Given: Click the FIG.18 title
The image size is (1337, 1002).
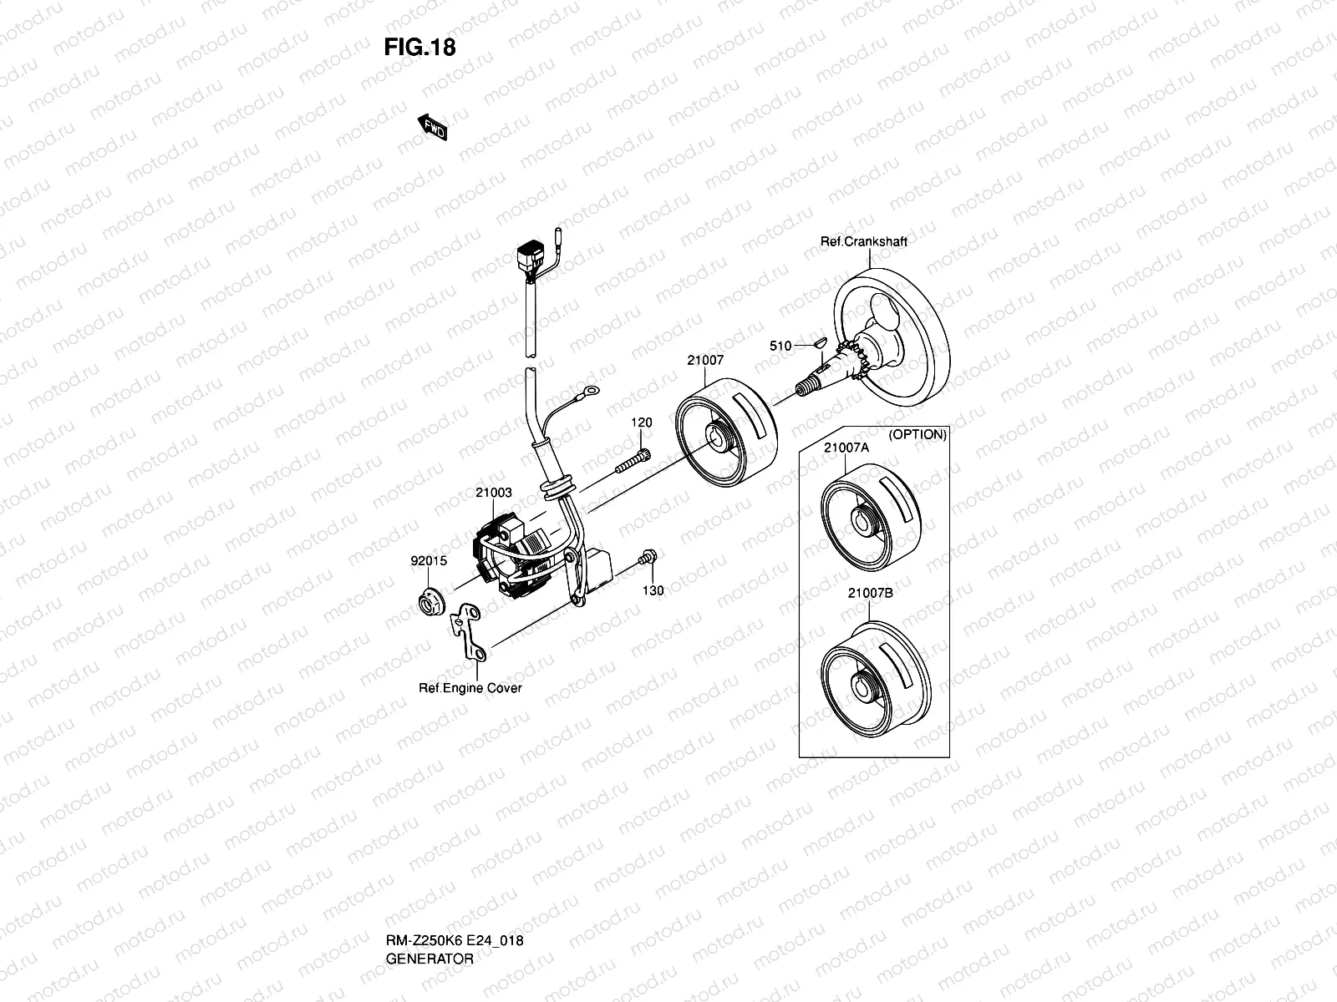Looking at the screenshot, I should pyautogui.click(x=419, y=48).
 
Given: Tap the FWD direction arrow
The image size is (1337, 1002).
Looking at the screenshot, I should pyautogui.click(x=433, y=128).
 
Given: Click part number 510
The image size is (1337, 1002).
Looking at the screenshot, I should pyautogui.click(x=780, y=346).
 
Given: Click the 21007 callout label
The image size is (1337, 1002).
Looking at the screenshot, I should pyautogui.click(x=705, y=361).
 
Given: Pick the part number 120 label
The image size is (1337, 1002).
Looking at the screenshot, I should pyautogui.click(x=641, y=423).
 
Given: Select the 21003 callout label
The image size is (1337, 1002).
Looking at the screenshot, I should pyautogui.click(x=493, y=493).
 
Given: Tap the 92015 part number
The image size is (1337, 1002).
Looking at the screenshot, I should pyautogui.click(x=428, y=561).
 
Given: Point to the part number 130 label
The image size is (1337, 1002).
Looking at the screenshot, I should pyautogui.click(x=653, y=590).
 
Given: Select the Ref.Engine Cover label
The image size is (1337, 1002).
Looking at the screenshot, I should pyautogui.click(x=470, y=688).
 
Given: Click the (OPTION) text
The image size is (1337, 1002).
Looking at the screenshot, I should pyautogui.click(x=917, y=434).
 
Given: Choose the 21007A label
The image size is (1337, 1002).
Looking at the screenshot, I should pyautogui.click(x=846, y=448).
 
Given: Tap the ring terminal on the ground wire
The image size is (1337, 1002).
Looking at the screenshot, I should pyautogui.click(x=590, y=389).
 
